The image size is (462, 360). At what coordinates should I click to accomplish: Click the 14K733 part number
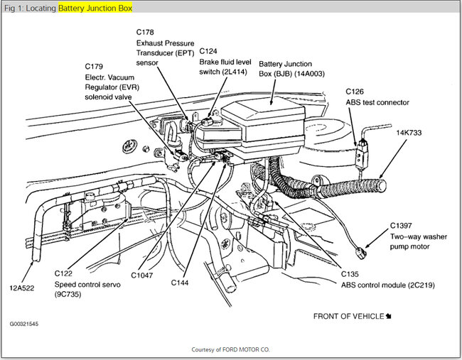410,132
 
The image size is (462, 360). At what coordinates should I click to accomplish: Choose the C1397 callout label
403,227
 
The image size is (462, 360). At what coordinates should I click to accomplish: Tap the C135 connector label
350,273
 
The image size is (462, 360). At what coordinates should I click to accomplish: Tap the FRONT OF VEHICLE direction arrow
389,315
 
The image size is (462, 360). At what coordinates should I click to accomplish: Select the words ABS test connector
377,102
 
